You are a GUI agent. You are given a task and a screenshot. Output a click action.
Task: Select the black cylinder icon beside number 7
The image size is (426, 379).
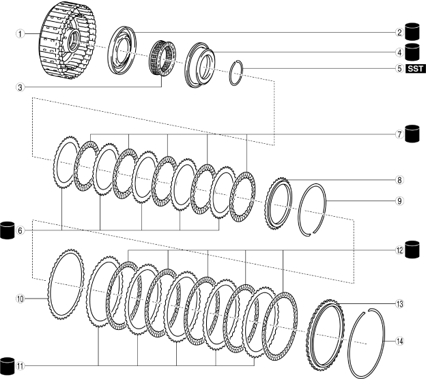tap(413, 133)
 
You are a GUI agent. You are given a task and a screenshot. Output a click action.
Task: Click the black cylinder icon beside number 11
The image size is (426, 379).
tap(8, 365)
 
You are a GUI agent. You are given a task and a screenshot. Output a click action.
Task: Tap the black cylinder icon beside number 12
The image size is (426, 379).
tap(413, 249)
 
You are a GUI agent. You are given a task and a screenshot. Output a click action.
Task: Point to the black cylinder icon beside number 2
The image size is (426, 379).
tap(413, 32)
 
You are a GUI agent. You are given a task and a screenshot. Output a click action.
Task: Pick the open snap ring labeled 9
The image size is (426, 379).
tap(315, 209)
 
